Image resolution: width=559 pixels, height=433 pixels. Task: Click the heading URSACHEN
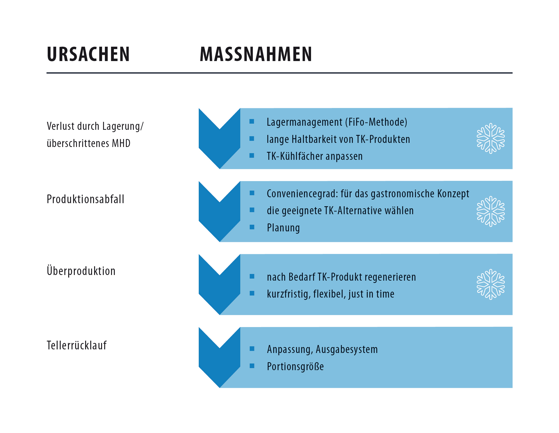(x=88, y=54)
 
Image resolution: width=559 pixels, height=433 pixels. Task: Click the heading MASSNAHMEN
(x=256, y=54)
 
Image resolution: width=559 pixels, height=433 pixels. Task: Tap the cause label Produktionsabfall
(x=85, y=199)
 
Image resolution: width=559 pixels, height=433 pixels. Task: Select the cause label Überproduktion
(x=81, y=271)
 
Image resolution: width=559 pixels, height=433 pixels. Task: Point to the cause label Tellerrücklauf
(x=76, y=345)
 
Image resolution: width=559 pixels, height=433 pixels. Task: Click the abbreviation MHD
(x=121, y=143)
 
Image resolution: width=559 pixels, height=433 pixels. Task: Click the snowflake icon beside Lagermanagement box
(x=491, y=139)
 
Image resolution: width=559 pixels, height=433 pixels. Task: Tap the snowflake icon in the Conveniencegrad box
(x=491, y=211)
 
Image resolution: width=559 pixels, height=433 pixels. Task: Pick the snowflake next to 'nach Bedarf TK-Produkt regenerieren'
(x=491, y=284)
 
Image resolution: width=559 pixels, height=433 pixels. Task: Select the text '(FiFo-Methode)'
(x=376, y=122)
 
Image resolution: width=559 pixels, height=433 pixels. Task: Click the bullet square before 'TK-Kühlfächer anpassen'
(x=252, y=155)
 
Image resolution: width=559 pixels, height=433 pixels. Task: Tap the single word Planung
(x=283, y=228)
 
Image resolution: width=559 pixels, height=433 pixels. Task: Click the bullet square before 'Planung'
(x=252, y=227)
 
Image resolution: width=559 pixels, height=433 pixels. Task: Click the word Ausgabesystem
(x=347, y=349)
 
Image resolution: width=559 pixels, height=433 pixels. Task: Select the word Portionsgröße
(x=295, y=367)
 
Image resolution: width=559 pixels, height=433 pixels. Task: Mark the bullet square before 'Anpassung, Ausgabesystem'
(x=252, y=349)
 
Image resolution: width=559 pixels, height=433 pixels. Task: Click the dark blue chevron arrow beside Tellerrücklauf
(x=219, y=359)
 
